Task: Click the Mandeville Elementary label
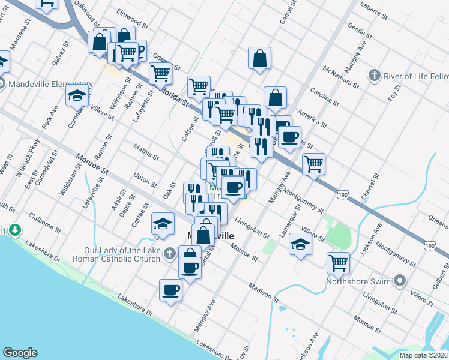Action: [x=50, y=85]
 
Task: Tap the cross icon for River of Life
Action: [x=374, y=76]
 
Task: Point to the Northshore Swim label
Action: [x=358, y=281]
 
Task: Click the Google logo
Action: [x=20, y=353]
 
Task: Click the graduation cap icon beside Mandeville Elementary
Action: [x=77, y=95]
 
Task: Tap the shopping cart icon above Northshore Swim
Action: [x=339, y=263]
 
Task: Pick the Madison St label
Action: [x=264, y=292]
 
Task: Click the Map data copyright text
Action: [x=424, y=355]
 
